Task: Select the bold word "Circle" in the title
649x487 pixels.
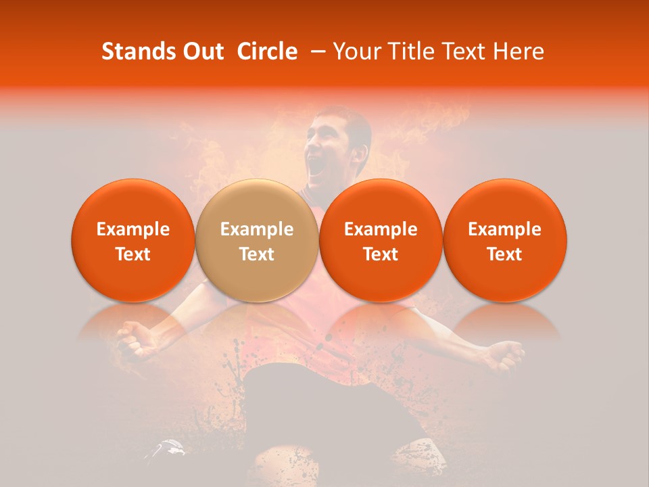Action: tap(267, 51)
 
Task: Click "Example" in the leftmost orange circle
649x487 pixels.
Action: tap(133, 229)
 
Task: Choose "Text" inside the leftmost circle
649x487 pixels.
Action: tap(133, 254)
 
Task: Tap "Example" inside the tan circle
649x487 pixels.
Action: tap(257, 229)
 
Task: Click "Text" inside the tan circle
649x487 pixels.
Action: tap(257, 254)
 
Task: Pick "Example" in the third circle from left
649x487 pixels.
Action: tap(381, 229)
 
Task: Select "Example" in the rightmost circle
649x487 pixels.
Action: tap(504, 229)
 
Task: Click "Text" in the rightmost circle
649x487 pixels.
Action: tap(504, 254)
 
